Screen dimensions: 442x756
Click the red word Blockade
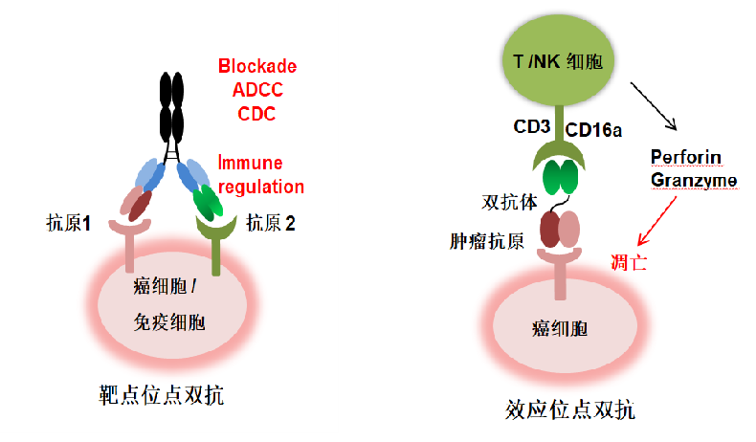(x=257, y=67)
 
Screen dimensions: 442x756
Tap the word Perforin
(x=685, y=157)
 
